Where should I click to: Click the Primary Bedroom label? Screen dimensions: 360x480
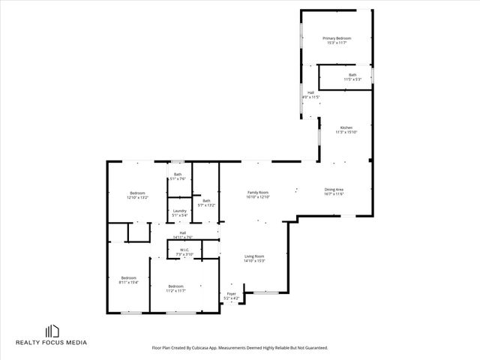point(337,38)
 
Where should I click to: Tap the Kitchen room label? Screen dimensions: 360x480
point(346,128)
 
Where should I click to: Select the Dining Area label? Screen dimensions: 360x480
point(334,190)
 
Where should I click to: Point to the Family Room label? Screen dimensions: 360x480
point(258,193)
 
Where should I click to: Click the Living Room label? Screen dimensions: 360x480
point(254,256)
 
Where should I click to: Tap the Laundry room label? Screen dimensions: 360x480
point(179,211)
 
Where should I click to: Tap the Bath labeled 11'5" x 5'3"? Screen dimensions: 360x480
point(352,75)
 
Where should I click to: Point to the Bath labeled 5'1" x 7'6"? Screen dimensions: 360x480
point(178,175)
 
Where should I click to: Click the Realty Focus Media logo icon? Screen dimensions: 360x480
point(52,331)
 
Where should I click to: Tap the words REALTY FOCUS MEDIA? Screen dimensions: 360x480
point(52,343)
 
